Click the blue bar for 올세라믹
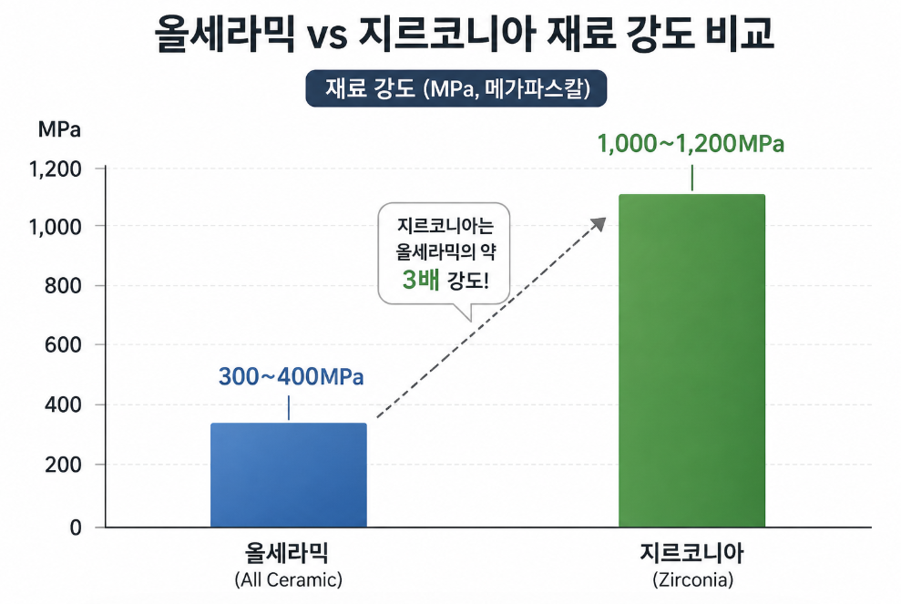pyautogui.click(x=289, y=475)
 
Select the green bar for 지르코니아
pyautogui.click(x=691, y=361)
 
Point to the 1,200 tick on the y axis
pyautogui.click(x=56, y=169)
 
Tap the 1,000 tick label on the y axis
pyautogui.click(x=56, y=227)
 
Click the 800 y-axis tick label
pyautogui.click(x=63, y=286)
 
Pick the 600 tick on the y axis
pyautogui.click(x=63, y=344)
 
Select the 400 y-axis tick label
pyautogui.click(x=63, y=404)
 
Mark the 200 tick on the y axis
pyautogui.click(x=63, y=465)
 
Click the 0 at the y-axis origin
pyautogui.click(x=76, y=527)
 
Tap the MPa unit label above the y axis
pyautogui.click(x=59, y=129)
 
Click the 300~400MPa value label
pyautogui.click(x=292, y=376)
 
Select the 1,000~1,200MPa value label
pyautogui.click(x=691, y=144)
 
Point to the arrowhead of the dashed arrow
pyautogui.click(x=599, y=223)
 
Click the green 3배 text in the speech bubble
pyautogui.click(x=421, y=280)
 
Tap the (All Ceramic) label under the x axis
pyautogui.click(x=289, y=579)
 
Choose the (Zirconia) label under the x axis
pyautogui.click(x=693, y=579)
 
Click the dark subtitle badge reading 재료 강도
pyautogui.click(x=456, y=88)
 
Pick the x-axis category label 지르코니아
pyautogui.click(x=691, y=553)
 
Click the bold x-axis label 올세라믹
pyautogui.click(x=287, y=553)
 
